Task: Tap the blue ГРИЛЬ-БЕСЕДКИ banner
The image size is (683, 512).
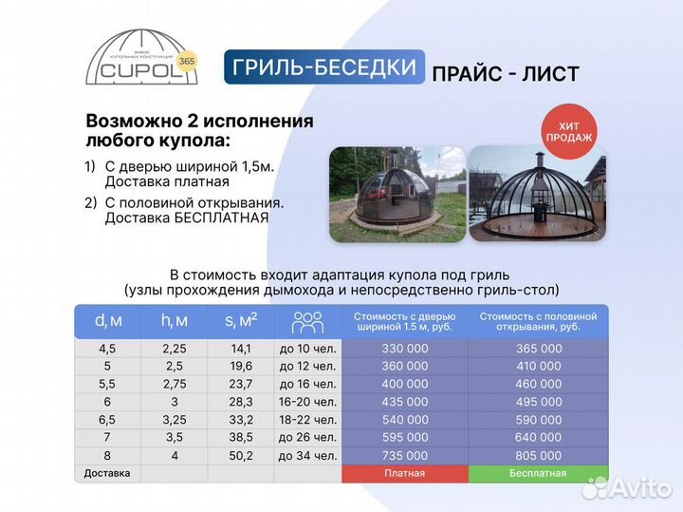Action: coord(323,67)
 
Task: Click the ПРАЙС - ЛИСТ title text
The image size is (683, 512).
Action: coord(505,74)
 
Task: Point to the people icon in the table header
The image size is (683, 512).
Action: coord(308,322)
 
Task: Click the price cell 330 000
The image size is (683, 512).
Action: coord(404,349)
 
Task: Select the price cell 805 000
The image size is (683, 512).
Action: coord(538,455)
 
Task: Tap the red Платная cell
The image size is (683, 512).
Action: coord(404,473)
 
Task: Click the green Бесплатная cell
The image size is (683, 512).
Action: coord(538,473)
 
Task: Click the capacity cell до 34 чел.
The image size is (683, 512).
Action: coord(307,455)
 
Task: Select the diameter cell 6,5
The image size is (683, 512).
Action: coord(106,420)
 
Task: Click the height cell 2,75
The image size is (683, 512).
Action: coord(175,384)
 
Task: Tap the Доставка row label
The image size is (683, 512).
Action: coord(106,473)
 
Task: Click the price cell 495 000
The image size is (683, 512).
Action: coord(538,402)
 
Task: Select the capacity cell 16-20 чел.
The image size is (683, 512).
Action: coord(307,402)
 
